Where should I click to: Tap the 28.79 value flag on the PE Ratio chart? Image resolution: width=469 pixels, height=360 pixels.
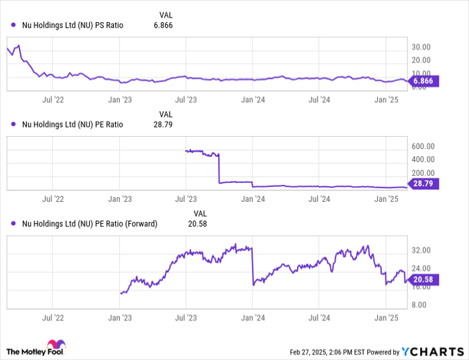coord(423,183)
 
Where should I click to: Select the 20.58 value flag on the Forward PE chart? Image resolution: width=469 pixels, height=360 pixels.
coord(423,280)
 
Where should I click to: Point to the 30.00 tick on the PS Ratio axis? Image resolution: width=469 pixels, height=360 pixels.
coord(421,48)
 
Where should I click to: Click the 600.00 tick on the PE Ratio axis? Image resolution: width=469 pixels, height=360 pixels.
coord(423,146)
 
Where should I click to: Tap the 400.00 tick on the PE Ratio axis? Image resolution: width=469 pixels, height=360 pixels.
coord(423,160)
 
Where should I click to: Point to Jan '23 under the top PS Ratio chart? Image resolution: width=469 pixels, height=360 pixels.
coord(121,99)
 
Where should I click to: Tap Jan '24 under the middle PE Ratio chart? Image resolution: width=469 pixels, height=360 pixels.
coord(253,198)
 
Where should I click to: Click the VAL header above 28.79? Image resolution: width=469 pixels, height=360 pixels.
coord(165,114)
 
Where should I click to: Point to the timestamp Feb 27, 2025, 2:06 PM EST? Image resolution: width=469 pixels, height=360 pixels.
coord(331,352)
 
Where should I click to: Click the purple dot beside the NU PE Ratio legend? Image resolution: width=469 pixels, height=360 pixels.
coord(13,124)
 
